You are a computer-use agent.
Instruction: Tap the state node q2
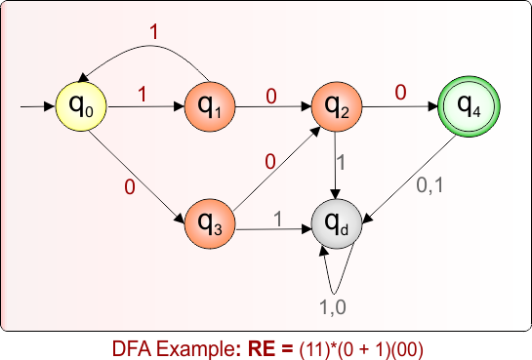click(x=336, y=102)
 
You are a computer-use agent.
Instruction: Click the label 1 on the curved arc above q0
click(x=152, y=30)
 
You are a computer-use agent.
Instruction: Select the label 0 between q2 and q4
click(x=399, y=92)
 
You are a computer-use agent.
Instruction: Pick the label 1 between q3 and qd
click(x=277, y=219)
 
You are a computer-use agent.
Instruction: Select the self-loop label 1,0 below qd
click(x=332, y=306)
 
